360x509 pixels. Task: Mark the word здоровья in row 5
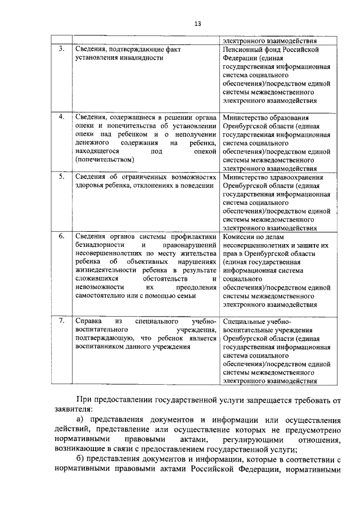[x=89, y=186]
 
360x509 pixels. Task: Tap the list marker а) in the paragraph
[x=80, y=420]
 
